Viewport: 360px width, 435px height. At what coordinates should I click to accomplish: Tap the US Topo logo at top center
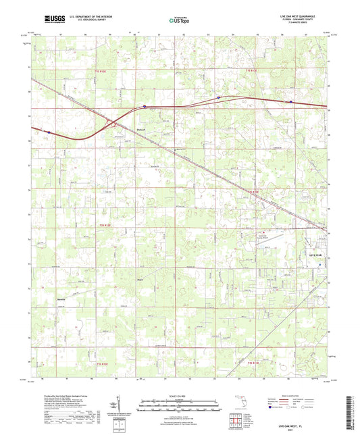(180, 20)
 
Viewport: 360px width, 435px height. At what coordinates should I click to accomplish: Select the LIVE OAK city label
(316, 255)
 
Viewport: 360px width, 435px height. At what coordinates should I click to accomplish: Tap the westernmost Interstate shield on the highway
(48, 132)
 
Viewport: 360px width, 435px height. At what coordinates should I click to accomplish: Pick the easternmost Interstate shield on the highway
(291, 103)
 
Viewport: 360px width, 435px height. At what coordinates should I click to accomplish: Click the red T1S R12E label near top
(100, 70)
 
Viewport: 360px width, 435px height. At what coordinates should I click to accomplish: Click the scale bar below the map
(180, 402)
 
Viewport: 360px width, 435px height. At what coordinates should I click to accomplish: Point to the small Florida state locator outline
(238, 406)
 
